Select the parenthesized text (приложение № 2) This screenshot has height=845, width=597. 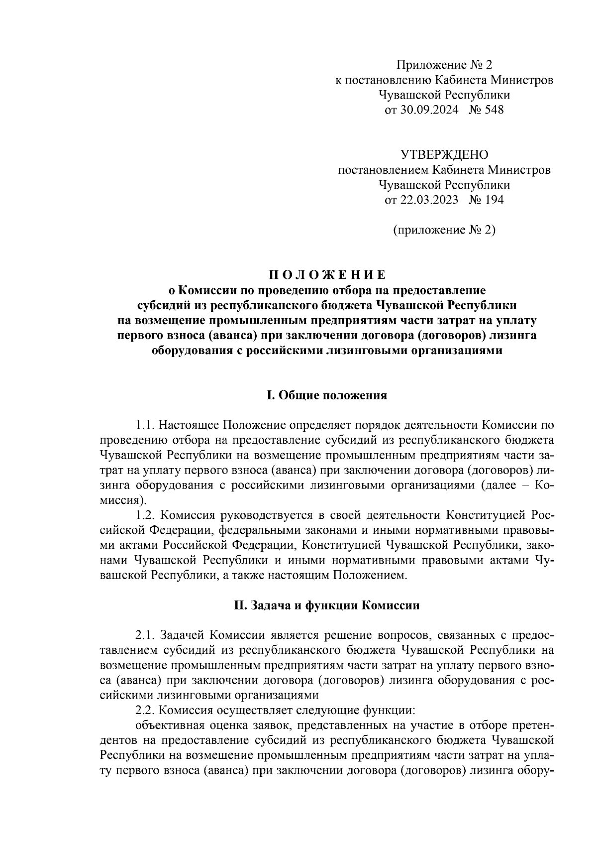click(444, 230)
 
